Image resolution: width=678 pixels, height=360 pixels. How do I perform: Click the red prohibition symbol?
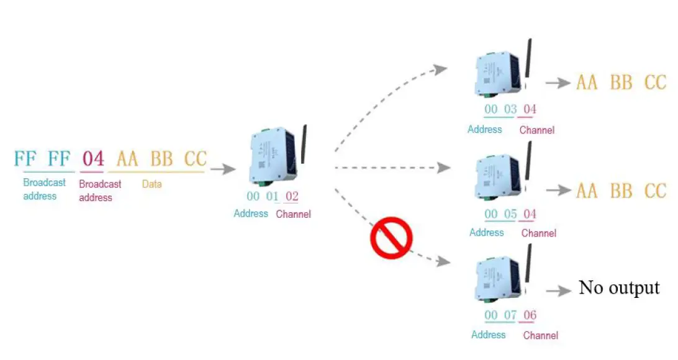pyautogui.click(x=391, y=238)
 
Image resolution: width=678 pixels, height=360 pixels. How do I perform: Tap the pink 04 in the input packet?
pyautogui.click(x=93, y=159)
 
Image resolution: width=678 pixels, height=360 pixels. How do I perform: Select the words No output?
pyautogui.click(x=619, y=288)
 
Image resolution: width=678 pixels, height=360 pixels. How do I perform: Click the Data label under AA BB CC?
pyautogui.click(x=151, y=184)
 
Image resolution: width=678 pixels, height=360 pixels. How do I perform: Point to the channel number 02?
pyautogui.click(x=292, y=196)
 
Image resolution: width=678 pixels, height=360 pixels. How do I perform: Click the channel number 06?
pyautogui.click(x=530, y=315)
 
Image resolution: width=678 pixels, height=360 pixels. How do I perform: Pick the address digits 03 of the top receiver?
pyautogui.click(x=510, y=109)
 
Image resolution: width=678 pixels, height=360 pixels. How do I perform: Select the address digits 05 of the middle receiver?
pyautogui.click(x=510, y=214)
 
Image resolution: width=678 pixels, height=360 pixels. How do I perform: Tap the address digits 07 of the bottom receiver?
pyautogui.click(x=510, y=315)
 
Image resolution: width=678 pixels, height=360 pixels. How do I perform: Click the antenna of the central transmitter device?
pyautogui.click(x=304, y=145)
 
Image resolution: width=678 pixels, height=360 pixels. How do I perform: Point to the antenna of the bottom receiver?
pyautogui.click(x=528, y=263)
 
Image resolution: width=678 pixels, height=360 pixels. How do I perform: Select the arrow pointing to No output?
pyautogui.click(x=559, y=290)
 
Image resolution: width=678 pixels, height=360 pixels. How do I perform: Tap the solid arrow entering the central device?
pyautogui.click(x=223, y=169)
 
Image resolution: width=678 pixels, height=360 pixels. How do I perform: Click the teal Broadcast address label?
pyautogui.click(x=44, y=189)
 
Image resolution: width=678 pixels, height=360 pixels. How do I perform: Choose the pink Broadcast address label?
pyautogui.click(x=100, y=191)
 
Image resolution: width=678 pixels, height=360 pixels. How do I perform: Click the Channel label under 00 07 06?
pyautogui.click(x=541, y=335)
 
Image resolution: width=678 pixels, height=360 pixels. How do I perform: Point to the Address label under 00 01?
pyautogui.click(x=251, y=214)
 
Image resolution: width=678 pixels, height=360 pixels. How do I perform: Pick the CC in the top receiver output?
pyautogui.click(x=655, y=83)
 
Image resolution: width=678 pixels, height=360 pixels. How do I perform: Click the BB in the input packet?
pyautogui.click(x=161, y=159)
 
